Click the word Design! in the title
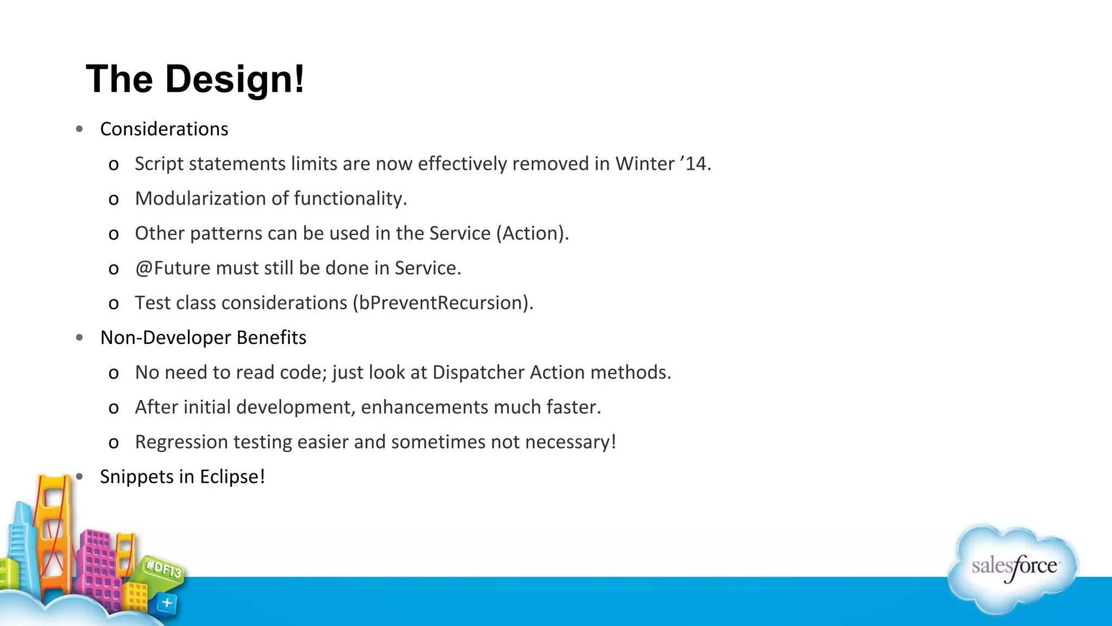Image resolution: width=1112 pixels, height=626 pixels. coord(235,79)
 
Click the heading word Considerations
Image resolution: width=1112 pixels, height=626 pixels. coord(164,129)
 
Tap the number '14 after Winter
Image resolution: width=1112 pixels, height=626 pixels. coord(695,164)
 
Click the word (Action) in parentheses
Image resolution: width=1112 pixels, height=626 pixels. coord(532,233)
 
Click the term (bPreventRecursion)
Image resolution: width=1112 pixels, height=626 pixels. coord(443,303)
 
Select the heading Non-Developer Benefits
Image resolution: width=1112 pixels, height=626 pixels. coord(203,337)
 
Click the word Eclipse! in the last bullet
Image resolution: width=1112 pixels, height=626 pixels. coord(232,477)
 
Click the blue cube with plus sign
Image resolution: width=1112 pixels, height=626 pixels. coord(167,603)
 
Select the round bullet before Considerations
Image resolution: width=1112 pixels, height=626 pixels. coord(80,129)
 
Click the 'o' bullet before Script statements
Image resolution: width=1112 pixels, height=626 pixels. coord(113,165)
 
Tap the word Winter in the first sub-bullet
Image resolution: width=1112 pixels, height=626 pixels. coord(645,164)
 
